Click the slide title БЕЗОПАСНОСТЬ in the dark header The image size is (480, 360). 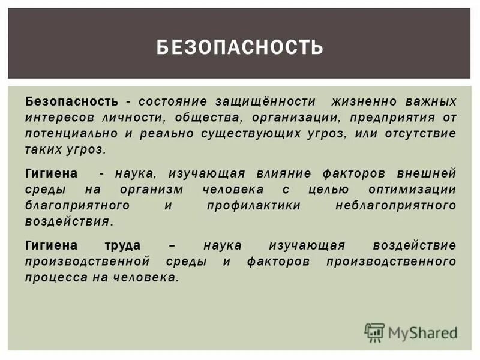[x=240, y=47]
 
